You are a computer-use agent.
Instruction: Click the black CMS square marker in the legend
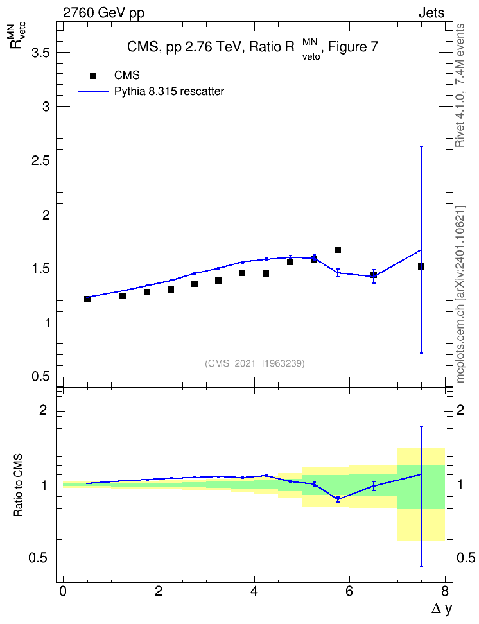(92, 75)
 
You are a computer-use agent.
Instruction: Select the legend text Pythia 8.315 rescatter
(170, 92)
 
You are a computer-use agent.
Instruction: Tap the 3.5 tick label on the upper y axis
(40, 53)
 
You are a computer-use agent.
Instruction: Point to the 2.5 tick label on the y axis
(40, 160)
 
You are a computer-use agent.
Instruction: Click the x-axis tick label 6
(349, 591)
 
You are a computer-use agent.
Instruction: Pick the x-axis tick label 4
(254, 591)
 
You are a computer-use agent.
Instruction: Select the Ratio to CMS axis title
(19, 485)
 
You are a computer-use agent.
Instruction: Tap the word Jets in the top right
(431, 13)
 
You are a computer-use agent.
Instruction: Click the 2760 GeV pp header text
(103, 13)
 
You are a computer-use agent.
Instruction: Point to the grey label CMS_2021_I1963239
(255, 363)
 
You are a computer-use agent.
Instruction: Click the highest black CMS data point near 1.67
(338, 250)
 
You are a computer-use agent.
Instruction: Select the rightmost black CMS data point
(421, 266)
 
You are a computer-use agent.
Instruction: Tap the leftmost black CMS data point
(87, 299)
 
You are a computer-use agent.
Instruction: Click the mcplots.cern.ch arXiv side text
(460, 294)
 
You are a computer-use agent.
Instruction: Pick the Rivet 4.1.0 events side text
(460, 85)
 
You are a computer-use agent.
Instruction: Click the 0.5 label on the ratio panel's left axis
(39, 559)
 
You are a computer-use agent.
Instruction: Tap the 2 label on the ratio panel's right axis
(460, 410)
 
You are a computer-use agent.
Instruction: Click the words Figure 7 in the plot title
(353, 47)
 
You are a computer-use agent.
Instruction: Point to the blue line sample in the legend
(93, 92)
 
